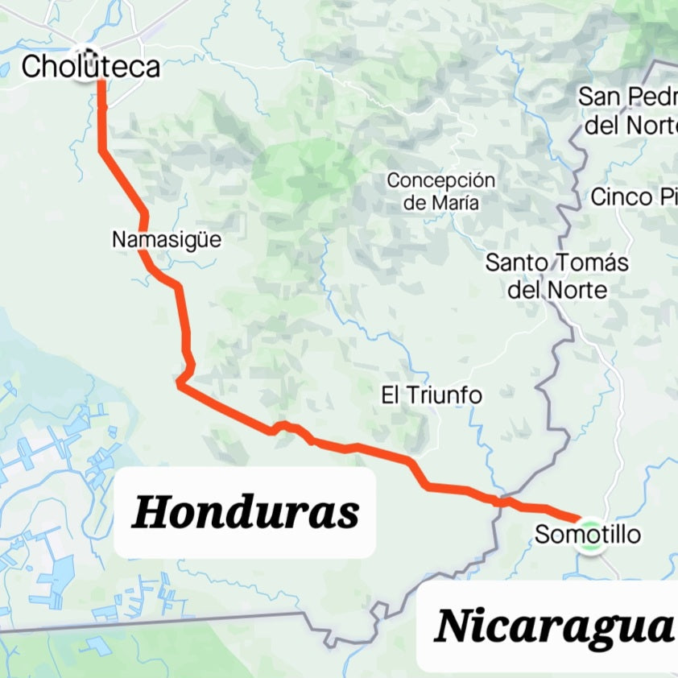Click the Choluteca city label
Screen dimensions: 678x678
(90, 67)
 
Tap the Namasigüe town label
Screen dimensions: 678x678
(166, 239)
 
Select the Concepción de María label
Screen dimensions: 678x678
(440, 192)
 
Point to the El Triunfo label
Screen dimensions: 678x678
(432, 395)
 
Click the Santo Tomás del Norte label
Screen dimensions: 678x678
(557, 275)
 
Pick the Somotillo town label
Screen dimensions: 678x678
(588, 534)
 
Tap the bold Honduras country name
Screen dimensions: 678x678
(245, 512)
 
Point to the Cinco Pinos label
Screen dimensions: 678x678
(635, 196)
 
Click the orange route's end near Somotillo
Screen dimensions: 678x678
(578, 518)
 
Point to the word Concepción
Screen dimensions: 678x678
(440, 180)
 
